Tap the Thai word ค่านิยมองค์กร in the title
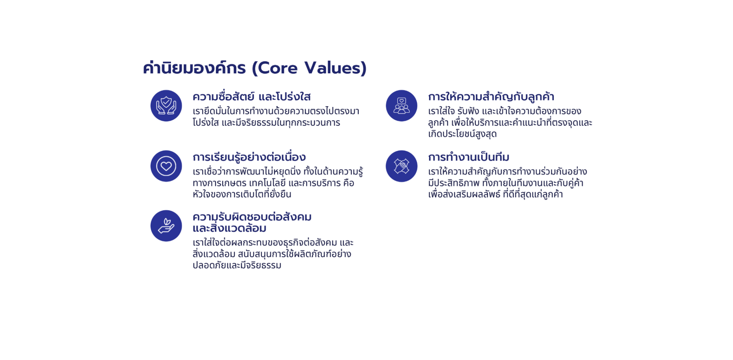pyautogui.click(x=194, y=68)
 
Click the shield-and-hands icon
pyautogui.click(x=166, y=106)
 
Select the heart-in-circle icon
pyautogui.click(x=166, y=166)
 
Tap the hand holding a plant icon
pyautogui.click(x=166, y=226)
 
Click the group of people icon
pyautogui.click(x=401, y=106)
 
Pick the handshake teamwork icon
pyautogui.click(x=401, y=166)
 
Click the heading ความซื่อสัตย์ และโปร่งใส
pyautogui.click(x=252, y=97)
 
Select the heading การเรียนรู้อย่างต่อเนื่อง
pyautogui.click(x=249, y=157)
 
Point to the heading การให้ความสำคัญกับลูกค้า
pyautogui.click(x=491, y=97)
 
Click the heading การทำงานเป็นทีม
pyautogui.click(x=469, y=157)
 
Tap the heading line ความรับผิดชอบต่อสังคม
pyautogui.click(x=252, y=217)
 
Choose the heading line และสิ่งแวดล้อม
pyautogui.click(x=229, y=228)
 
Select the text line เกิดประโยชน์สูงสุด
pyautogui.click(x=463, y=134)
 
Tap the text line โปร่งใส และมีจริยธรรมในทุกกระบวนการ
pyautogui.click(x=266, y=122)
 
